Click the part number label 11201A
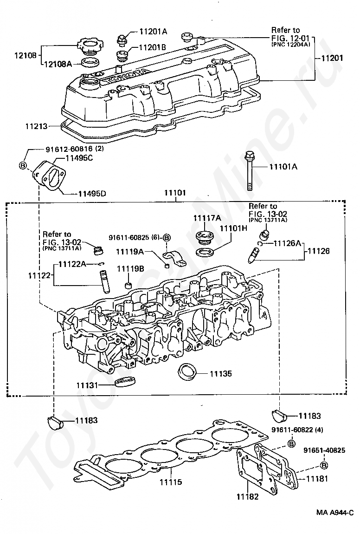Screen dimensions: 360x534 click(153, 32)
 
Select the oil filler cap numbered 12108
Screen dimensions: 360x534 click(90, 46)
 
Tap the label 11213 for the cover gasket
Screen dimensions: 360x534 click(36, 126)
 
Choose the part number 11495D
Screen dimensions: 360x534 click(92, 194)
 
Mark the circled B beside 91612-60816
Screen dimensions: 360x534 click(23, 166)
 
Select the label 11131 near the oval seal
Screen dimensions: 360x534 click(87, 385)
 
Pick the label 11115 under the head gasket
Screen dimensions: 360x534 click(171, 482)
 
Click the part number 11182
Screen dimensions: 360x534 click(247, 497)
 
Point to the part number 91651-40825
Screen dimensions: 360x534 click(324, 450)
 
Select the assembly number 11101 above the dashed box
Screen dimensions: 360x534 click(175, 193)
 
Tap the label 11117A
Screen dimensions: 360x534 click(207, 218)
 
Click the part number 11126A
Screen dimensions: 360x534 click(288, 243)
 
